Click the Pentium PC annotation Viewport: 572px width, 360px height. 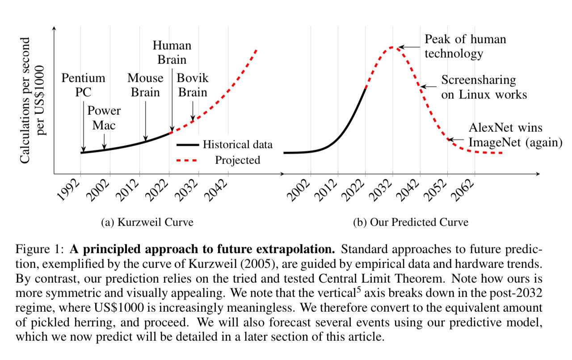point(84,85)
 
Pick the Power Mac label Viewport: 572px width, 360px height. point(104,118)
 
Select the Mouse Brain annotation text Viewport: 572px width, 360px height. point(145,85)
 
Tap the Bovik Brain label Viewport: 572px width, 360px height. point(192,85)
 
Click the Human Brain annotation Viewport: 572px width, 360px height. point(172,52)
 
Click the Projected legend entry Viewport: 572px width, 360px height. point(237,160)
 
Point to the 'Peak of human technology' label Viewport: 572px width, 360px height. point(465,46)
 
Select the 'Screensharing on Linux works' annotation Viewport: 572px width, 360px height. point(484,87)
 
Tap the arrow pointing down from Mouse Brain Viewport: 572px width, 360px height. point(145,121)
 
